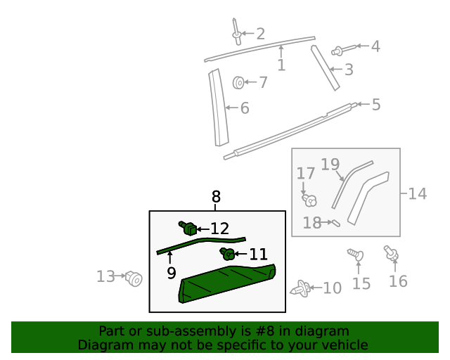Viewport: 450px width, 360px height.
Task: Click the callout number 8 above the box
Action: click(216, 198)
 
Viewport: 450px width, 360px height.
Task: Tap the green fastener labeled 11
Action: click(226, 253)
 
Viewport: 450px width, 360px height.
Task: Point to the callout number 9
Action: click(172, 273)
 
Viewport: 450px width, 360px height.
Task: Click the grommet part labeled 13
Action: click(134, 279)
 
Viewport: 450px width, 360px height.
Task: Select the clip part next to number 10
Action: click(300, 288)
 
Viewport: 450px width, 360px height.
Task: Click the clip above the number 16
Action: click(391, 253)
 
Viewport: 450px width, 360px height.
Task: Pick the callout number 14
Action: click(417, 193)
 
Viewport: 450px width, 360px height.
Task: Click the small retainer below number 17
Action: click(309, 200)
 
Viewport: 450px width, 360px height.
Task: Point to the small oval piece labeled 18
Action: click(335, 224)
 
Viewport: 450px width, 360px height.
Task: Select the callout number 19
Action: click(330, 165)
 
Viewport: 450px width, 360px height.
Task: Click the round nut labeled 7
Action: click(239, 83)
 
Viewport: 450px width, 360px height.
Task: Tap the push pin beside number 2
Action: click(236, 30)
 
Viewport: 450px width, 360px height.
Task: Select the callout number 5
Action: click(375, 105)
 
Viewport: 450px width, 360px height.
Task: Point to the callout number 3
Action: click(348, 70)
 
